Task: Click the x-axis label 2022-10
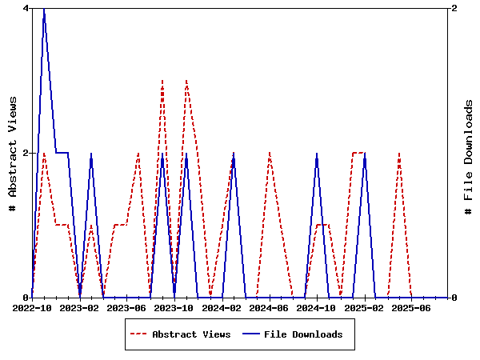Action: pyautogui.click(x=33, y=307)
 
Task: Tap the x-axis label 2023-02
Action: pyautogui.click(x=80, y=307)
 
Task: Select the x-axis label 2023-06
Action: pyautogui.click(x=127, y=307)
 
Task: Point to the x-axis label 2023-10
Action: pyautogui.click(x=174, y=307)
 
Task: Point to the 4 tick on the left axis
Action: pyautogui.click(x=26, y=8)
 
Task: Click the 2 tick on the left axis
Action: pyautogui.click(x=26, y=153)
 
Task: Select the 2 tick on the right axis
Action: pyautogui.click(x=454, y=8)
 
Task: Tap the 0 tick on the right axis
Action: pyautogui.click(x=454, y=298)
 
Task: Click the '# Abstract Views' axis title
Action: pyautogui.click(x=12, y=153)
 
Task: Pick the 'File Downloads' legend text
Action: pyautogui.click(x=303, y=334)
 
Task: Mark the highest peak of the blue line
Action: pyautogui.click(x=44, y=9)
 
